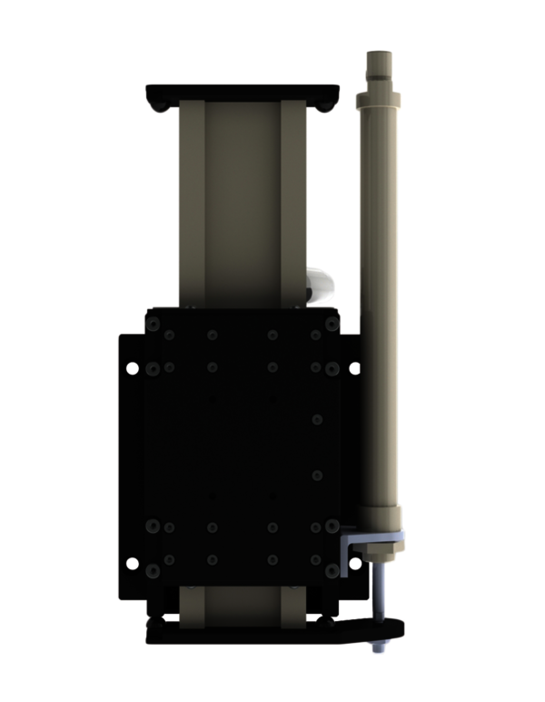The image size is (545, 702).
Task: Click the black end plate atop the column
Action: point(241,93)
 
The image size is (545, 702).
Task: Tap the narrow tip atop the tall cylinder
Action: point(377,64)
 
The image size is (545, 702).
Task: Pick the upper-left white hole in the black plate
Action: point(133,368)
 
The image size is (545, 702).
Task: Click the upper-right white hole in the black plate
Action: point(353,368)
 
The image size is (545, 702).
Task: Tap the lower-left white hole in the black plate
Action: point(133,564)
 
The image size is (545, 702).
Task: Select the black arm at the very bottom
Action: point(272,631)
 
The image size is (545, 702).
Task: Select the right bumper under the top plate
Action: point(323,107)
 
